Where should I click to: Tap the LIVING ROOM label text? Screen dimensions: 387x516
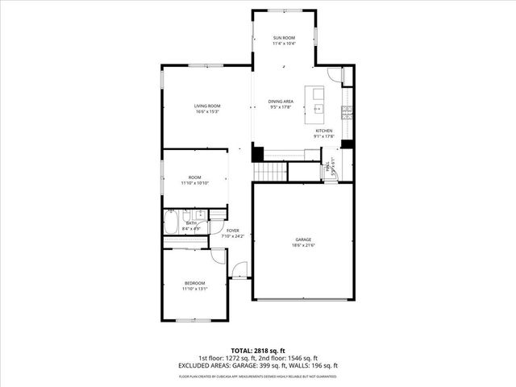tap(207, 106)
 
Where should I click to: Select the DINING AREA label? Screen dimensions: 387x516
tap(281, 101)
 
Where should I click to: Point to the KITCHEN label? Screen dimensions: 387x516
tap(324, 131)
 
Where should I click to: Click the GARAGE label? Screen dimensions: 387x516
tap(303, 239)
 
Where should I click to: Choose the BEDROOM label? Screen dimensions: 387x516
tap(195, 283)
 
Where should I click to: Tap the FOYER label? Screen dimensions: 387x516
tap(233, 231)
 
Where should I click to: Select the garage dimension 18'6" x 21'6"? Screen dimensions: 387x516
tap(303, 245)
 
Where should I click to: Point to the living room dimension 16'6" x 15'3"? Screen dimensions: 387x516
tap(207, 111)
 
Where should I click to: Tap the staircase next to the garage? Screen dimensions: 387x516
tap(271, 171)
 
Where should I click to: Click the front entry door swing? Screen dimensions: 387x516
tap(239, 270)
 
